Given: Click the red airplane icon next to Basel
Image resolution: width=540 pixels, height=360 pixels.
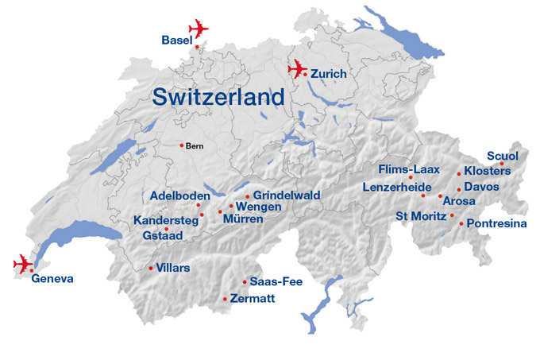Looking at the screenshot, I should coord(198,28).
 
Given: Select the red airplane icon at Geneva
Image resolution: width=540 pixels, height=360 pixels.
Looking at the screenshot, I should coord(23,263).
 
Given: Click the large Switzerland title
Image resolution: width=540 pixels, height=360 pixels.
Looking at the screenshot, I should coord(218,97).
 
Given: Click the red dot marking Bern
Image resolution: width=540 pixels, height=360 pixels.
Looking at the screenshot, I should coord(182,145).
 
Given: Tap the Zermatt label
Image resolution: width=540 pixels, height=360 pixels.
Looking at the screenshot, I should coord(253,299).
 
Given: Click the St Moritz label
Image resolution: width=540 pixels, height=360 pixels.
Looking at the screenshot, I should coord(421,215).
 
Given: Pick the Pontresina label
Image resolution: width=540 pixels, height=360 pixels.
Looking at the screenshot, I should coord(497,224).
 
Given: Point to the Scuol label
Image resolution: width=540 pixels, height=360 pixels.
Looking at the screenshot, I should coord(502,155).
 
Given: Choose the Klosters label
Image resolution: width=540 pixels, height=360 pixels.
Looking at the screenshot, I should coord(487,171).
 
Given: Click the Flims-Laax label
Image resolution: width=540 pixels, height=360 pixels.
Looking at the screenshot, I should coord(409,169).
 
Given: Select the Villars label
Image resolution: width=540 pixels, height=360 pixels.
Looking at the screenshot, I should coord(173,268).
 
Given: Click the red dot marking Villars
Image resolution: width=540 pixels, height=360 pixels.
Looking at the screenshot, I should coord(151,268).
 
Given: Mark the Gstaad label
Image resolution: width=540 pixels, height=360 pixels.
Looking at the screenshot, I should coord(163,236).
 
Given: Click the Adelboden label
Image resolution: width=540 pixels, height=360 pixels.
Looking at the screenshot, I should coord(179,195).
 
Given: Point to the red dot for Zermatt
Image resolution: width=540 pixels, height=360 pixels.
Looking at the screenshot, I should coord(226,299).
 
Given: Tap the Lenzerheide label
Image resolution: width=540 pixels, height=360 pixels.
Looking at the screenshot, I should coord(397,187).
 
